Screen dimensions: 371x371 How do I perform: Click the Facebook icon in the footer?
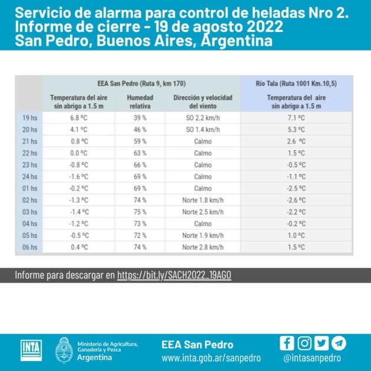(x=287, y=343)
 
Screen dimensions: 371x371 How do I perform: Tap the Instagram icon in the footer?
(x=304, y=343)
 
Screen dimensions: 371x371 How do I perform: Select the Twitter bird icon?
(x=322, y=343)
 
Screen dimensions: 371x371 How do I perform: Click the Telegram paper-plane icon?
(x=339, y=343)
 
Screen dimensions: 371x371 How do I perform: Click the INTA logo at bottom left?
(x=31, y=350)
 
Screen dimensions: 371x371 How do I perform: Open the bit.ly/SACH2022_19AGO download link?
(x=174, y=275)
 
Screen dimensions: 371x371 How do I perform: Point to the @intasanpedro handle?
(x=312, y=357)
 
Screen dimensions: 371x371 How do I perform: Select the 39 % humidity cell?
(x=140, y=118)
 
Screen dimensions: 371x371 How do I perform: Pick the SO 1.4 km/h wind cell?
(x=203, y=130)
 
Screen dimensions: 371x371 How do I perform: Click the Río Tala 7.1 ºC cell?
(x=296, y=118)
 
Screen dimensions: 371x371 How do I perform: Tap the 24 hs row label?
(x=29, y=177)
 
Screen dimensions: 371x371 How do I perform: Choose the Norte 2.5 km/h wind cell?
(x=203, y=212)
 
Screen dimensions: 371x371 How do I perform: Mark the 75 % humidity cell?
(x=140, y=212)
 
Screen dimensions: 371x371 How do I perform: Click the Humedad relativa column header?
(x=140, y=101)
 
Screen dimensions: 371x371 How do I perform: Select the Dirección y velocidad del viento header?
(x=203, y=101)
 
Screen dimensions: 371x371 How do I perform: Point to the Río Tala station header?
(x=296, y=83)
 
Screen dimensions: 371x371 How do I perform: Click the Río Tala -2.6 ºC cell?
(x=296, y=200)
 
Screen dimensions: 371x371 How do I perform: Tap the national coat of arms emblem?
(x=64, y=350)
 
